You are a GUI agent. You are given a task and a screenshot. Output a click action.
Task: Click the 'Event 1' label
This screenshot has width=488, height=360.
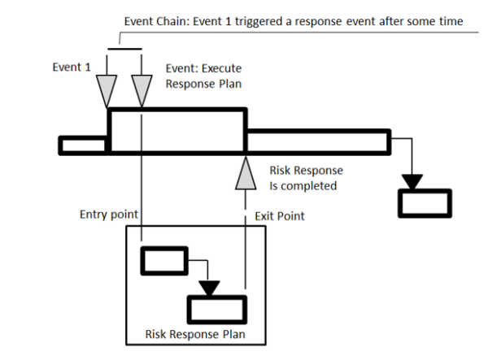(71, 68)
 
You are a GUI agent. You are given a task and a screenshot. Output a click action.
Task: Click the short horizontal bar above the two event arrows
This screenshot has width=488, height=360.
(124, 48)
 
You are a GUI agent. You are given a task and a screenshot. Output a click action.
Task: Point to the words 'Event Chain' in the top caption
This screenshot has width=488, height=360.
(149, 21)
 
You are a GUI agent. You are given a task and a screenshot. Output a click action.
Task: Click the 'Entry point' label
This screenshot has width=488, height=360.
(107, 215)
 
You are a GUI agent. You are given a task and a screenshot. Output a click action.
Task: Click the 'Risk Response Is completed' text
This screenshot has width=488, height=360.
(305, 178)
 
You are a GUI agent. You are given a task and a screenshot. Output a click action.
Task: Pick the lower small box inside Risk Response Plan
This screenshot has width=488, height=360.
(217, 309)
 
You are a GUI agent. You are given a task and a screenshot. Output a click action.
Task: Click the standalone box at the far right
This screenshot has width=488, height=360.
(423, 202)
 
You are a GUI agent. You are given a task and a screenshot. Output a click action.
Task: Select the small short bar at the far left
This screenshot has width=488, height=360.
(84, 145)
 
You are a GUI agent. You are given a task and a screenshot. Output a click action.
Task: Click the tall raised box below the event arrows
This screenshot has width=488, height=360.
(177, 130)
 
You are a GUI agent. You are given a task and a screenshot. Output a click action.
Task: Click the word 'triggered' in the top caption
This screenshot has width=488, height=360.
(264, 21)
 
